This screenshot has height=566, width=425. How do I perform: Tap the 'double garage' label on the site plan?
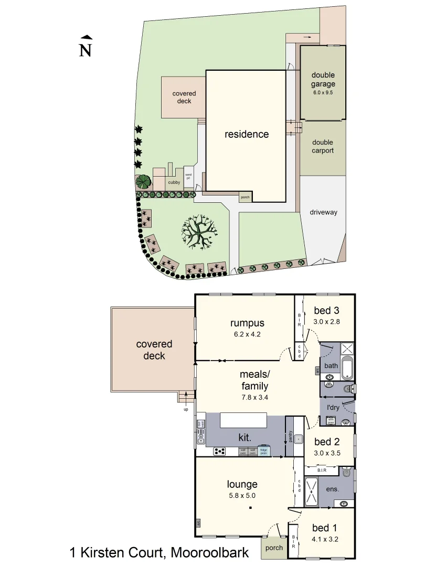click(323, 79)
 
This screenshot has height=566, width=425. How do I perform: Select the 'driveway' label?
click(323, 212)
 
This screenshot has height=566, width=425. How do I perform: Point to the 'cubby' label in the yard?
click(174, 182)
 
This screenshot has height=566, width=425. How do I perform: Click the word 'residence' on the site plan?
click(247, 134)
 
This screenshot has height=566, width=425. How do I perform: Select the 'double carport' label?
click(323, 146)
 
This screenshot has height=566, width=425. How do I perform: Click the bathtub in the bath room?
click(348, 368)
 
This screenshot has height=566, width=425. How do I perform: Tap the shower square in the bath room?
click(348, 349)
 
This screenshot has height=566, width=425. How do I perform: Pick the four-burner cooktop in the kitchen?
click(219, 451)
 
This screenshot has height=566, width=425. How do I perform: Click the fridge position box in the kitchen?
click(264, 451)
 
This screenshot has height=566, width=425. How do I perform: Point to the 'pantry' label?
click(290, 436)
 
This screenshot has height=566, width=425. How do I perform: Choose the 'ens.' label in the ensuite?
click(333, 488)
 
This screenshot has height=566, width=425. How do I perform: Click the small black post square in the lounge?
click(251, 508)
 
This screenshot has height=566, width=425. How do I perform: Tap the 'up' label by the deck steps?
click(185, 409)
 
